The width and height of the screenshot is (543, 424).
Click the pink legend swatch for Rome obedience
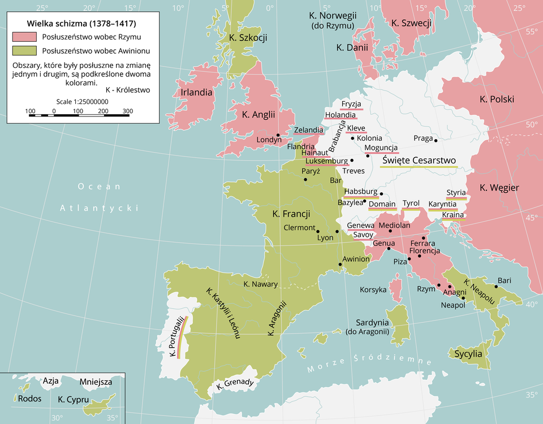pyautogui.click(x=24, y=37)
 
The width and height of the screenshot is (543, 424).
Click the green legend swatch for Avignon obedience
pyautogui.click(x=24, y=50)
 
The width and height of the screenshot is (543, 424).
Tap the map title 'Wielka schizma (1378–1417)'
pyautogui.click(x=81, y=24)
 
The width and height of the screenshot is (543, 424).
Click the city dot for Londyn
pyautogui.click(x=278, y=135)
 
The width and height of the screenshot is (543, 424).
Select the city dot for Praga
pyautogui.click(x=436, y=139)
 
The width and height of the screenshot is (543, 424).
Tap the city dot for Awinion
pyautogui.click(x=340, y=265)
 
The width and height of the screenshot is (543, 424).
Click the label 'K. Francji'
pyautogui.click(x=291, y=214)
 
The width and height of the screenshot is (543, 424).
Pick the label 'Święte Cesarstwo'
pyautogui.click(x=419, y=160)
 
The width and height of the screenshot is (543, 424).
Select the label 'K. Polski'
pyautogui.click(x=497, y=99)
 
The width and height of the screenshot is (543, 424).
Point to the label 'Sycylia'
pyautogui.click(x=468, y=354)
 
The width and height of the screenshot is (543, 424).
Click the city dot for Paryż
pyautogui.click(x=306, y=180)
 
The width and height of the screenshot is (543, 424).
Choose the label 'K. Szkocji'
pyautogui.click(x=248, y=37)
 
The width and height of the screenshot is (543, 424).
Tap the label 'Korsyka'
pyautogui.click(x=373, y=289)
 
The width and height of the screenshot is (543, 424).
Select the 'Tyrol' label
pyautogui.click(x=411, y=203)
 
